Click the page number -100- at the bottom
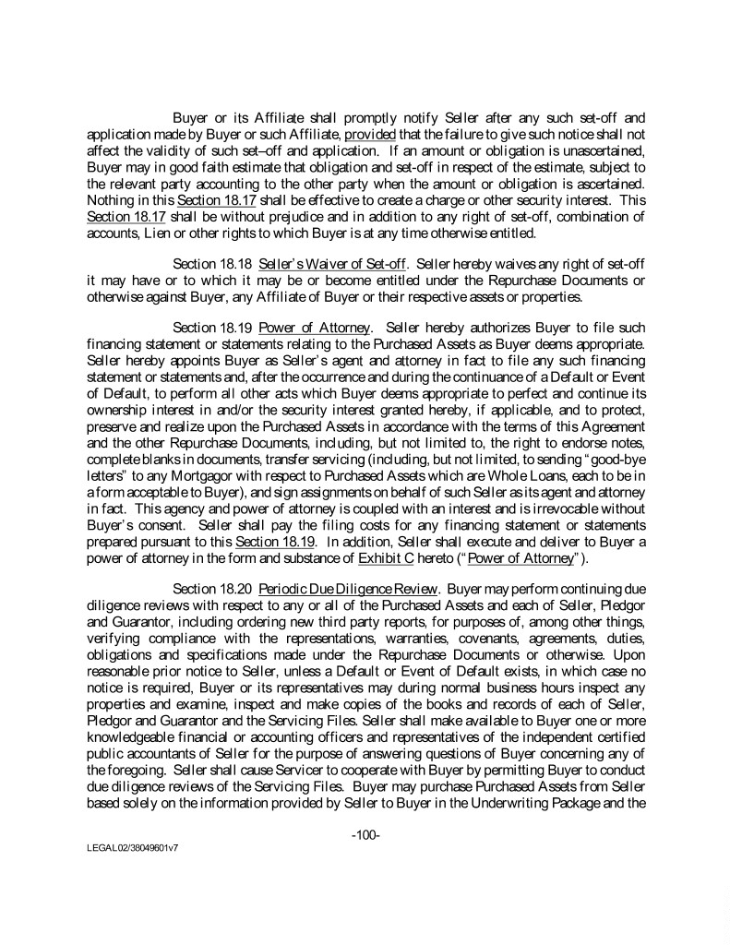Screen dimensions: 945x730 click(x=366, y=835)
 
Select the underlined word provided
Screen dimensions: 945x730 click(x=370, y=134)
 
